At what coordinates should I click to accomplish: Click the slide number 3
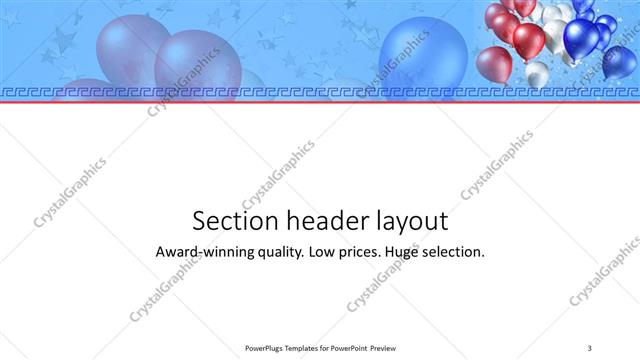[x=590, y=347]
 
